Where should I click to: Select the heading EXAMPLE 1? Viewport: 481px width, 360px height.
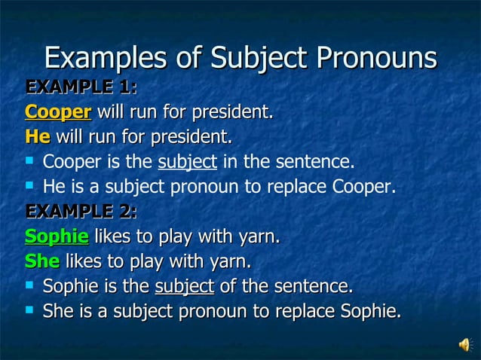81,88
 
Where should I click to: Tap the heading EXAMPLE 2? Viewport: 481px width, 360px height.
81,212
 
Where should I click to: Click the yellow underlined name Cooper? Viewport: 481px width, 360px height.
58,113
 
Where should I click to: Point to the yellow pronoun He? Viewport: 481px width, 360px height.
37,138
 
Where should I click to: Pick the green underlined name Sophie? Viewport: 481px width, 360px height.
57,237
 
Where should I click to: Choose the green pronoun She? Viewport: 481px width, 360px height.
41,262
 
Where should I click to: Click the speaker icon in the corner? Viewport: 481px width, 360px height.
464,344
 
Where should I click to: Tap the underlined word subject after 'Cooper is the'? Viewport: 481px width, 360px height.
187,162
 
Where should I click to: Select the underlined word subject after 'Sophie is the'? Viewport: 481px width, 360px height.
184,287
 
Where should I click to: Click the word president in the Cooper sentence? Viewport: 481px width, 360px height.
233,113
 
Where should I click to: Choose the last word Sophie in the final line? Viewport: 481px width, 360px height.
371,311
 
